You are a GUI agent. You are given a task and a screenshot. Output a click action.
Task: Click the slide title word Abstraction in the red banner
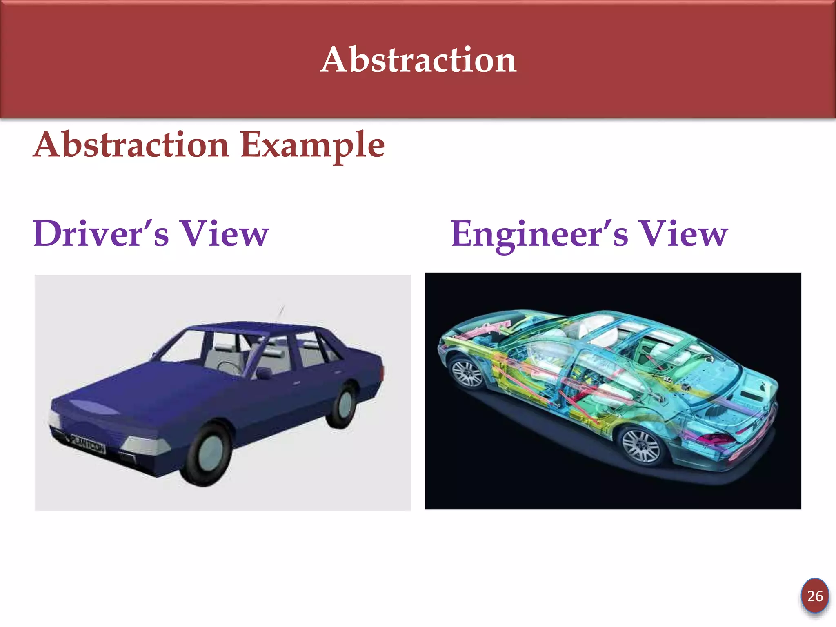[418, 60]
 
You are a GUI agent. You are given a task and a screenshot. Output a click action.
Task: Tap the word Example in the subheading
[312, 145]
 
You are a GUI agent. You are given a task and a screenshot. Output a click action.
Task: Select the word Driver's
[100, 233]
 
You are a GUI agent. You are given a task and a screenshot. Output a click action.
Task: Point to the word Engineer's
[539, 234]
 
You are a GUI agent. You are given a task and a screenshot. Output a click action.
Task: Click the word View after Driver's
[225, 233]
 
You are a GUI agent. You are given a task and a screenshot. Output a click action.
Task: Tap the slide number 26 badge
[815, 596]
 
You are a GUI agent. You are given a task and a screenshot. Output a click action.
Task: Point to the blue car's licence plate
[87, 444]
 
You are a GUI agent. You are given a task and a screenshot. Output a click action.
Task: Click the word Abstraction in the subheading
[131, 145]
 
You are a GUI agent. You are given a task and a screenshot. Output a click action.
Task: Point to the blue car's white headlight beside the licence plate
[145, 446]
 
